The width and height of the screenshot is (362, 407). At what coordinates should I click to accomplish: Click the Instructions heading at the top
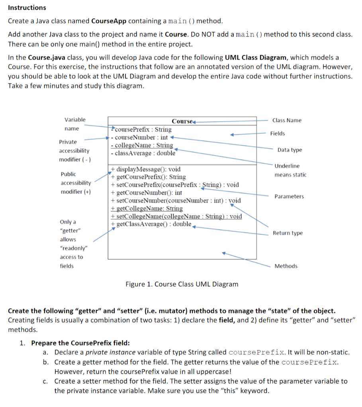27,8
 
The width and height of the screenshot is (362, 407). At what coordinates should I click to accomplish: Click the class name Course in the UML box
182,121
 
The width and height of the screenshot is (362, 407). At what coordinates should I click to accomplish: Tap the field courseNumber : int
141,137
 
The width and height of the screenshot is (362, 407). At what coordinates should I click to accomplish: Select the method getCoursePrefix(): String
148,177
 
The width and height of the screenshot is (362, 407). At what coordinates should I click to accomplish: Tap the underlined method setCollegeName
176,216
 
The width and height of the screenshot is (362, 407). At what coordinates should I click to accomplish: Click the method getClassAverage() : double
151,224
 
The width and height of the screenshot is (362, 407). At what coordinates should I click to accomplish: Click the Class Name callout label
287,120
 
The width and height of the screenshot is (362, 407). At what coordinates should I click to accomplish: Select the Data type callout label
290,150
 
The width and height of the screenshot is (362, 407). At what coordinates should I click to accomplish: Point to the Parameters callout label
289,196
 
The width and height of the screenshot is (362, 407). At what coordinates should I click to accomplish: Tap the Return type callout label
288,233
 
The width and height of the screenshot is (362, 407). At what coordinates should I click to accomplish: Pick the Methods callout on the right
286,266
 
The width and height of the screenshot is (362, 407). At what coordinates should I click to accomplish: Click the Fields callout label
278,134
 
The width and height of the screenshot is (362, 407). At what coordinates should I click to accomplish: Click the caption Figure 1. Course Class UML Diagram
182,284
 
